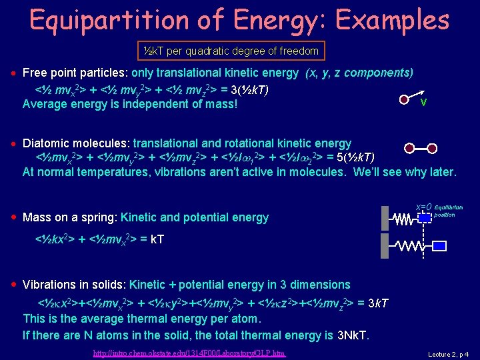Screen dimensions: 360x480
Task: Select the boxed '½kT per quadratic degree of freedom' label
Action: (x=231, y=51)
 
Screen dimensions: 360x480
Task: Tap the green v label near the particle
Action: (x=423, y=102)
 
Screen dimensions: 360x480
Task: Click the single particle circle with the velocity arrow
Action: (x=404, y=99)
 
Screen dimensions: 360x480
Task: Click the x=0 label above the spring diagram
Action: (x=423, y=207)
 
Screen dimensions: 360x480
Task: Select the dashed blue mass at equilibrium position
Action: (x=423, y=218)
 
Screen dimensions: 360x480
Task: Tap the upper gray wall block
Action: (x=385, y=218)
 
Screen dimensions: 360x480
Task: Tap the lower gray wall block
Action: (x=385, y=247)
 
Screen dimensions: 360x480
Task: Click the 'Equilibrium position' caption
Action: (x=448, y=211)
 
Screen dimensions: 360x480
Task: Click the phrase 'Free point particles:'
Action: (x=75, y=72)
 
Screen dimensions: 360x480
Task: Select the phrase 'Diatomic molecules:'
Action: (x=77, y=143)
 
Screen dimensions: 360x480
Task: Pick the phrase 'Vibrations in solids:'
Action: (x=75, y=285)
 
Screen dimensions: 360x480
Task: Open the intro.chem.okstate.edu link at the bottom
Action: (x=189, y=353)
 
